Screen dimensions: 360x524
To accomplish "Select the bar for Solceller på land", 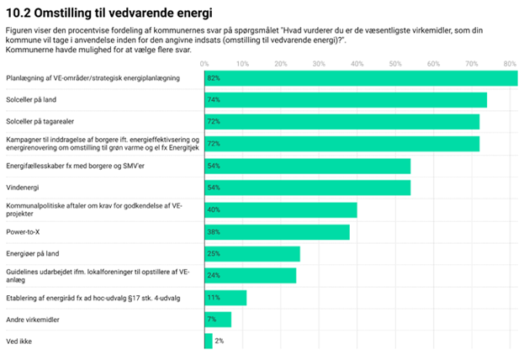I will click(346, 100).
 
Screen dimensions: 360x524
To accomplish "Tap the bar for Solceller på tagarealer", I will click(341, 122).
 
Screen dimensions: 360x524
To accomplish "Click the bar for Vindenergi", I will click(308, 188).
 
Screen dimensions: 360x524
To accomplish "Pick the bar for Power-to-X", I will click(277, 231).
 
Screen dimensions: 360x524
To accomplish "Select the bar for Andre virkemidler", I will click(218, 319).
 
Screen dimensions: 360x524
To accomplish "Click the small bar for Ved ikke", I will click(209, 341).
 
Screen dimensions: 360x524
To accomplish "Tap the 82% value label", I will click(214, 78).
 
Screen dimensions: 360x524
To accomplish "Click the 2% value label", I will click(219, 341).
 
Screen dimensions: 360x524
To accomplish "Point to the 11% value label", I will click(214, 297).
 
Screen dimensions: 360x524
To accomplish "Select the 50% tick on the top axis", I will click(395, 63).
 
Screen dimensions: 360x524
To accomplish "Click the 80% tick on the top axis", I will click(510, 63).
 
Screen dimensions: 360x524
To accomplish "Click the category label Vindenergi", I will click(24, 188).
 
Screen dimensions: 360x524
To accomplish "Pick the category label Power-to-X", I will click(25, 231).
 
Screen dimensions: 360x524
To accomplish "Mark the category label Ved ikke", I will click(19, 341).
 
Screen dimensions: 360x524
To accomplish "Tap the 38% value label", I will click(214, 231).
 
